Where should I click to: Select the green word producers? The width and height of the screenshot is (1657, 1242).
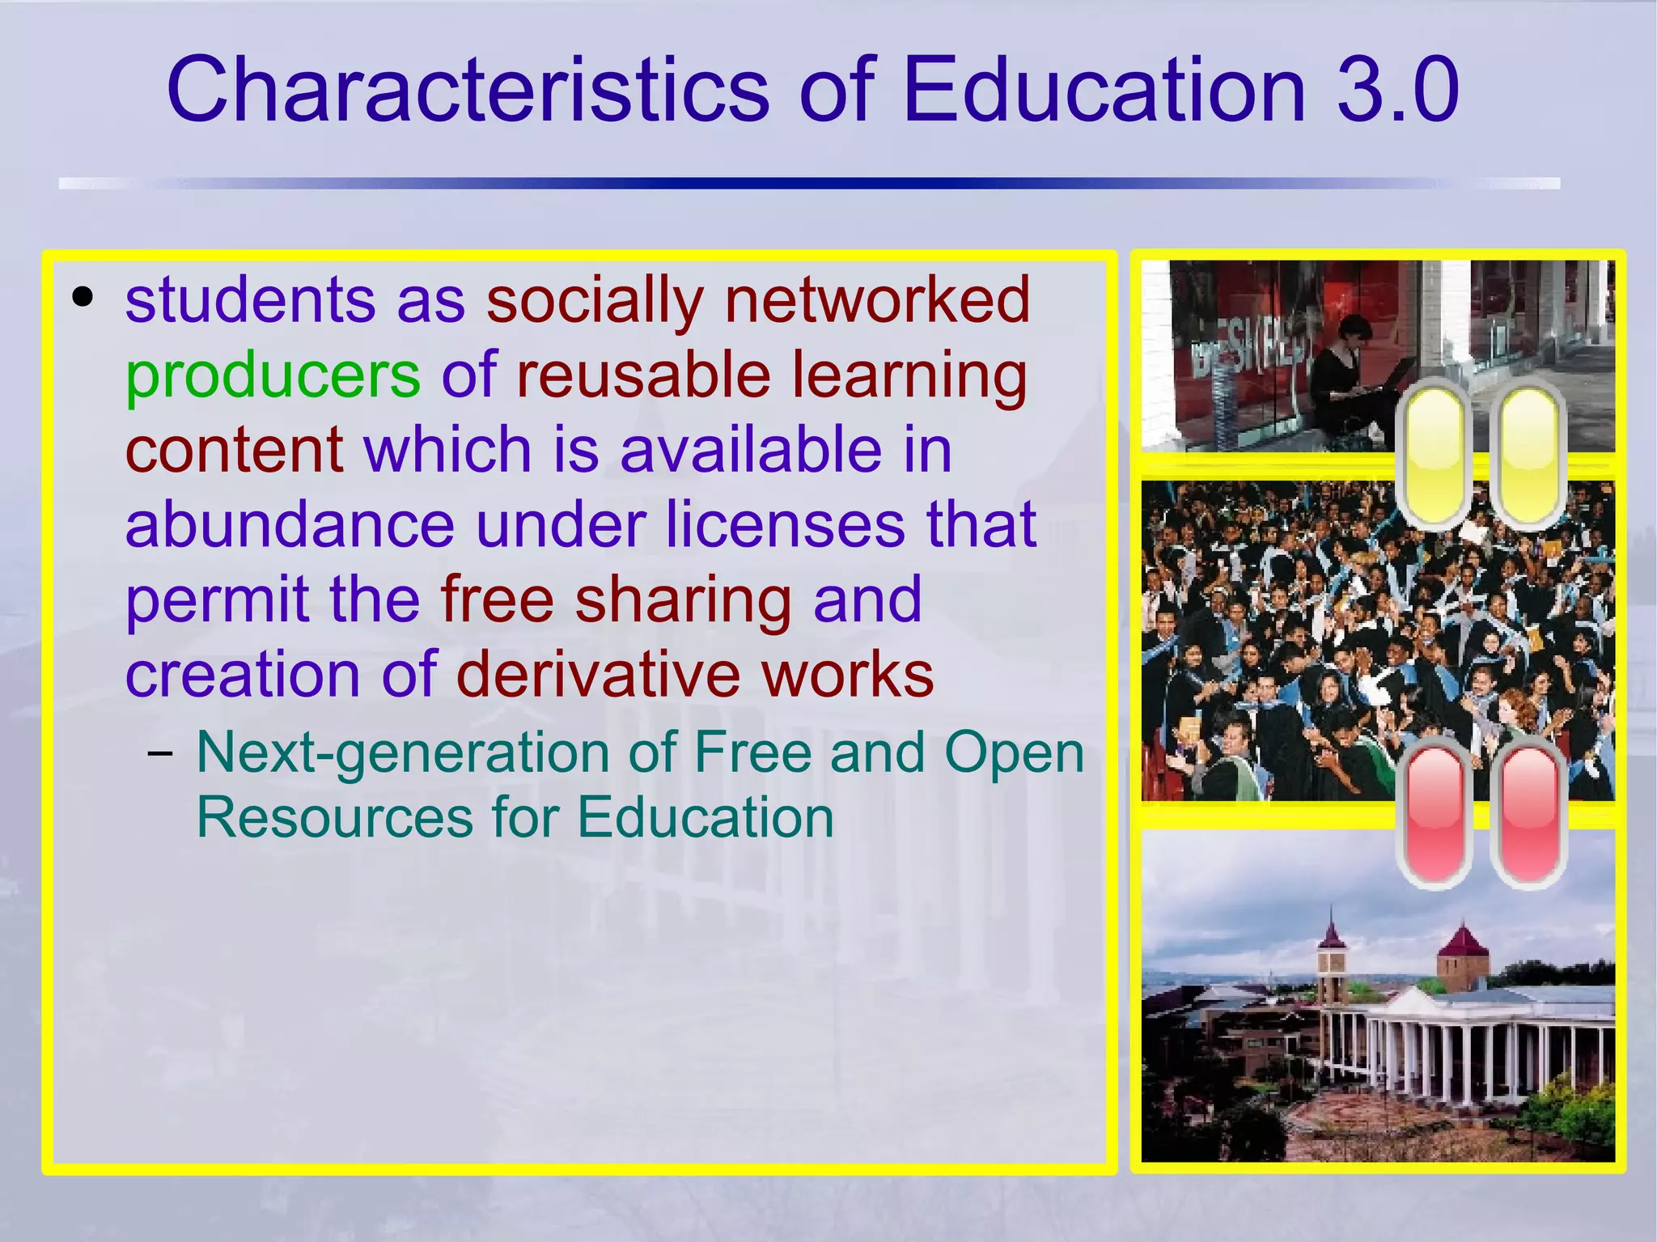pos(273,375)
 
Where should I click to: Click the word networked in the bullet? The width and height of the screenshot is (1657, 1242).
pos(877,299)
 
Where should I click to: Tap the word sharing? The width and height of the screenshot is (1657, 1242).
pos(682,600)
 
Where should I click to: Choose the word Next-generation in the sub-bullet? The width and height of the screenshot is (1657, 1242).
pos(402,752)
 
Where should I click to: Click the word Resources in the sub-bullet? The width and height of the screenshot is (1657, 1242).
pos(334,817)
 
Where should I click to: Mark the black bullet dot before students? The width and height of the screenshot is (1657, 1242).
pos(83,298)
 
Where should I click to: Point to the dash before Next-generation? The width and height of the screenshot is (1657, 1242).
pos(160,753)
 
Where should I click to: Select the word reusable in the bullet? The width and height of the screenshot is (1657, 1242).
pos(643,375)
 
